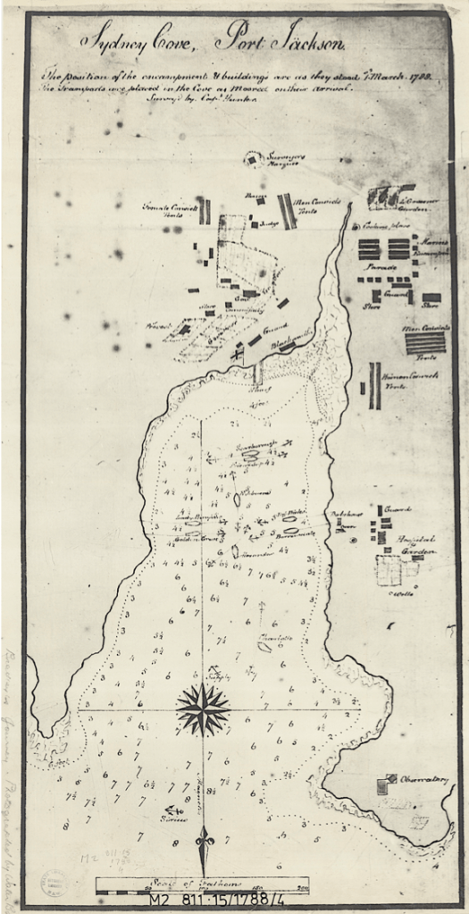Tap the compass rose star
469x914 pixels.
(203, 710)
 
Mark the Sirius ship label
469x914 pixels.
(161, 819)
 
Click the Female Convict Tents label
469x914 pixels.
(168, 211)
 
